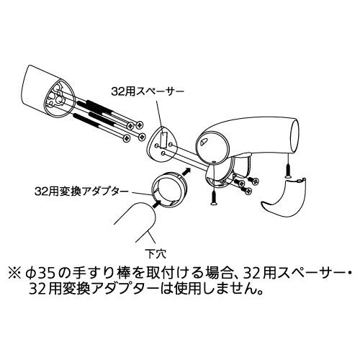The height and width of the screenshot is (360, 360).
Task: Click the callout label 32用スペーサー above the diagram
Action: [148, 91]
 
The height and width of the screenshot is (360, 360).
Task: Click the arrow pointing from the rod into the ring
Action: [157, 203]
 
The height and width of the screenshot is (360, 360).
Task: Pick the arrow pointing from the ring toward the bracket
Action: [186, 171]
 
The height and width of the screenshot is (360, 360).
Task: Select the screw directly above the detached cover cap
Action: [287, 171]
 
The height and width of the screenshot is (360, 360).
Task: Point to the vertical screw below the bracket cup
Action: [213, 197]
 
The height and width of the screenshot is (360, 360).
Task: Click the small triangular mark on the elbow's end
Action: [202, 142]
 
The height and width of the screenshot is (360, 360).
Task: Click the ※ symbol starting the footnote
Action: [14, 274]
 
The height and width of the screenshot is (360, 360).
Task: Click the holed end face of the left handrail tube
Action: [59, 99]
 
